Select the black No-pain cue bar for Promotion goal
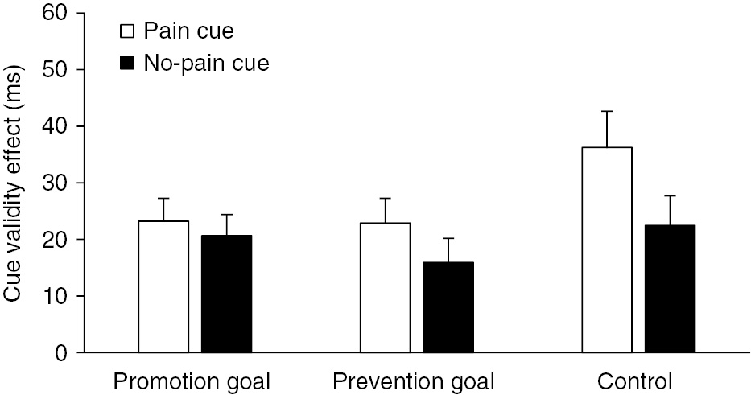tap(226, 294)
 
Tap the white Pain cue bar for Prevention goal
tap(385, 287)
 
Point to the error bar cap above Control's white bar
tap(607, 111)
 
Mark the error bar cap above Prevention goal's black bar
tap(448, 238)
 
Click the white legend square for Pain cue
tap(126, 32)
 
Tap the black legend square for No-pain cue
tap(126, 64)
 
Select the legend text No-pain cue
tap(205, 64)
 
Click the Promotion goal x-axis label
tap(192, 380)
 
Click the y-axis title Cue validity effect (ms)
tap(14, 183)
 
